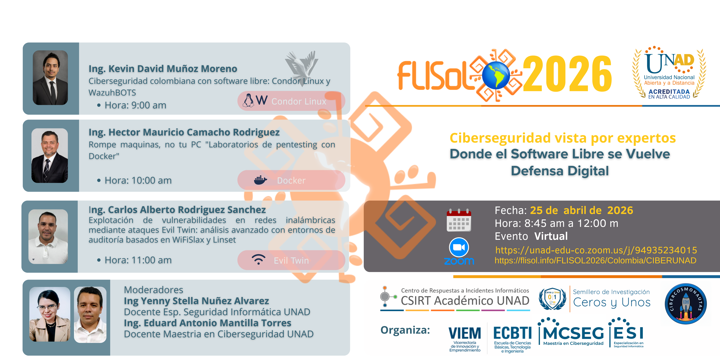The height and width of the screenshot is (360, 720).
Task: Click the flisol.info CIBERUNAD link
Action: [x=595, y=261]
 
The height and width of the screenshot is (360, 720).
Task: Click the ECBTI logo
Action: [x=512, y=338]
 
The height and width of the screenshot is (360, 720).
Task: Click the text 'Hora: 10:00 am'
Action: [x=138, y=181]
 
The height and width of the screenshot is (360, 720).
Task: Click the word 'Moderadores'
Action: [x=153, y=290]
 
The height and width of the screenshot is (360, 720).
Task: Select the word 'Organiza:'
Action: [x=405, y=330]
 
